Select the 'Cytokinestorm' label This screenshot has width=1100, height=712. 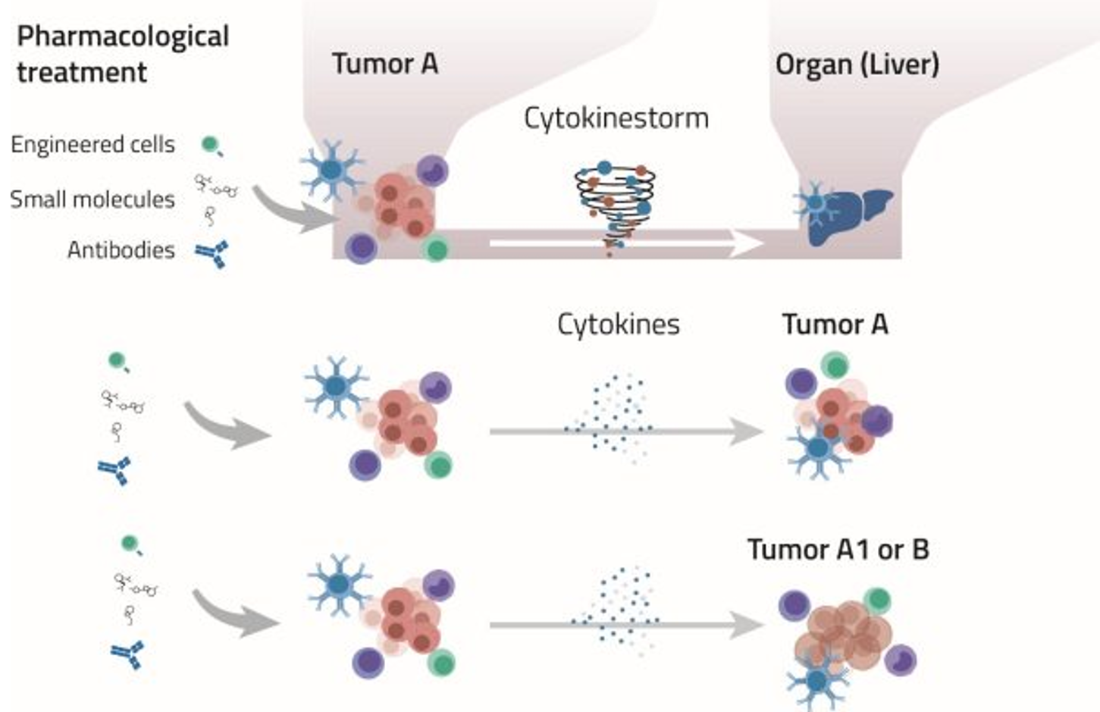coord(616,118)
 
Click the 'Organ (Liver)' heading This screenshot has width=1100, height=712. coord(857,64)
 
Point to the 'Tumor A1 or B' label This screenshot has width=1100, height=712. coord(838,549)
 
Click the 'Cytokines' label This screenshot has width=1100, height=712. coord(618,325)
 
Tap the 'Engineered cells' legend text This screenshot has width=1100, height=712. coord(92,144)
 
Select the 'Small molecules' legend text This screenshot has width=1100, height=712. coord(92,199)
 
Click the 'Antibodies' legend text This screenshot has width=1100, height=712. coord(121,249)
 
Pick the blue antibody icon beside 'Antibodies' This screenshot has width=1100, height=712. coord(212,254)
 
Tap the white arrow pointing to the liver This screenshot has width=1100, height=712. coord(625,243)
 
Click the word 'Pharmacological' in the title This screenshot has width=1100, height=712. coord(123,37)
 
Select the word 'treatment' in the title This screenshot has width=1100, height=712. coord(82,73)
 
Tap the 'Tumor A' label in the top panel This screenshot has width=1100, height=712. coord(385,64)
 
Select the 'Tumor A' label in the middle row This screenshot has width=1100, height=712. coord(835,325)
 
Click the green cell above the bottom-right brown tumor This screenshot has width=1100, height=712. coord(876,601)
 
